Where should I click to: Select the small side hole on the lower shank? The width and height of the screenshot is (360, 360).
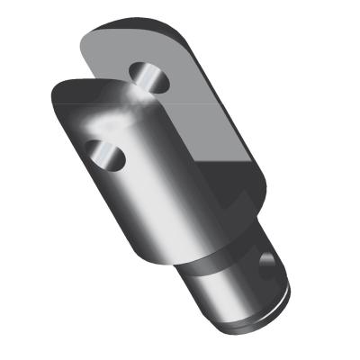click(267, 265)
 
